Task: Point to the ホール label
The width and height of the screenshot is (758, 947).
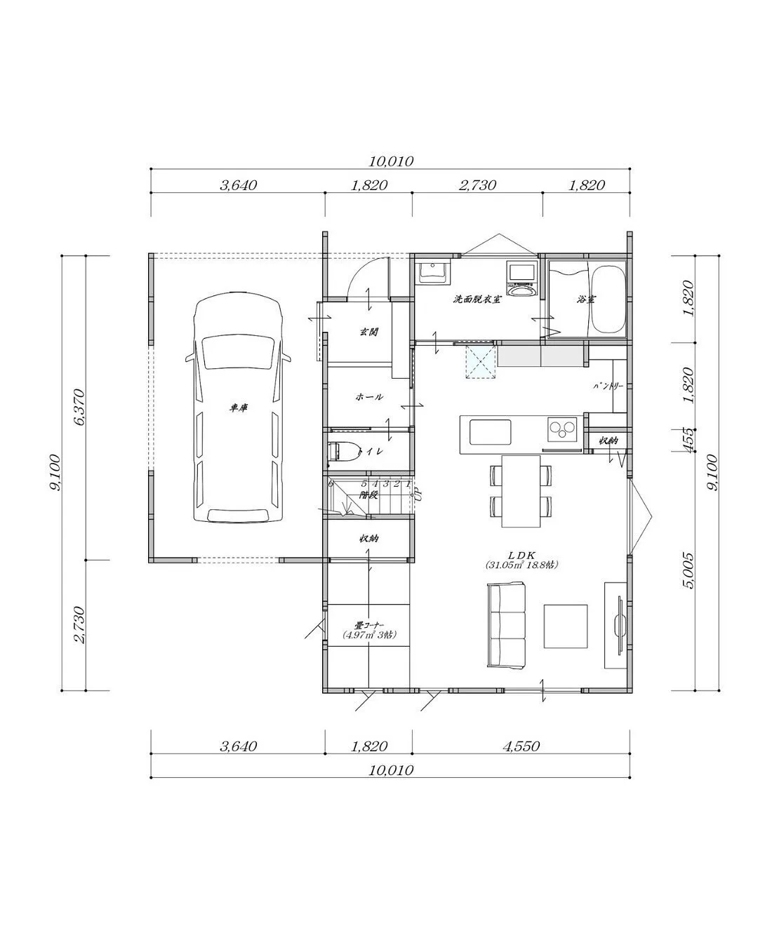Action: coord(369,397)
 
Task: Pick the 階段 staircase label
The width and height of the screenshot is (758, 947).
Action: coord(369,495)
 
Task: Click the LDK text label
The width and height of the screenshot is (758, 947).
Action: coord(521,553)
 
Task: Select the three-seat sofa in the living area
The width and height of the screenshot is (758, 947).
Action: coord(505,626)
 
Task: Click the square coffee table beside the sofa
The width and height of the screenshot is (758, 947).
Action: coord(566,626)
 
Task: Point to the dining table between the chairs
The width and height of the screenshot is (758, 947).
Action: coord(521,491)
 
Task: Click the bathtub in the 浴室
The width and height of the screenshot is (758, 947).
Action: coord(608,300)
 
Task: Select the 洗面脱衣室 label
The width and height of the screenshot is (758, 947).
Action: coord(477,300)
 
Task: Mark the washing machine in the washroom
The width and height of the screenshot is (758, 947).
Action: coord(521,280)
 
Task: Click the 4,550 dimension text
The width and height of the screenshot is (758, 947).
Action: coord(520,746)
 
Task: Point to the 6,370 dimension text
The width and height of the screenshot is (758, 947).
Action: coord(78,407)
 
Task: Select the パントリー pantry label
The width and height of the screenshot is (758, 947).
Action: coord(608,386)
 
